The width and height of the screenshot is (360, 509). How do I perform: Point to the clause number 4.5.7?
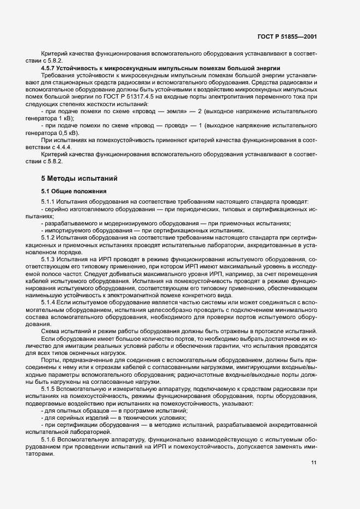pos(50,68)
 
